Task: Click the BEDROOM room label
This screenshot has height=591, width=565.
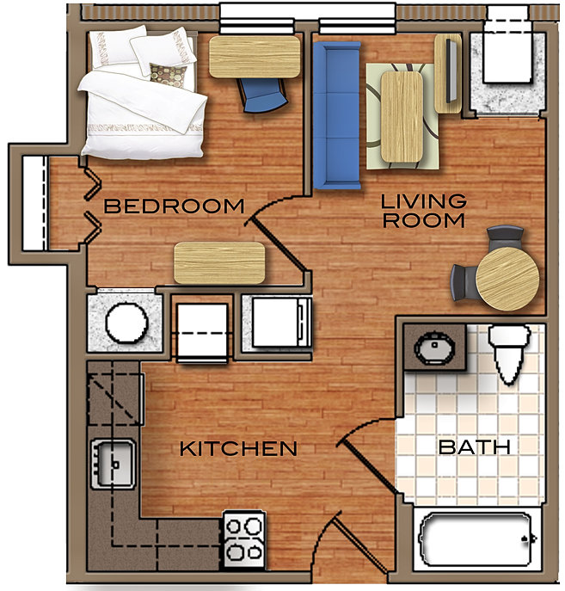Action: click(175, 206)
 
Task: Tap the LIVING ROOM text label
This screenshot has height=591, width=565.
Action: click(424, 211)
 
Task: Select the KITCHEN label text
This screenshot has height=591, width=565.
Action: click(238, 448)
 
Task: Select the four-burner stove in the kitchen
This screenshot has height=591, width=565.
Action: click(244, 539)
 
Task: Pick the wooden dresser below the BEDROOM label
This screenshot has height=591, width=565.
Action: click(219, 262)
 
